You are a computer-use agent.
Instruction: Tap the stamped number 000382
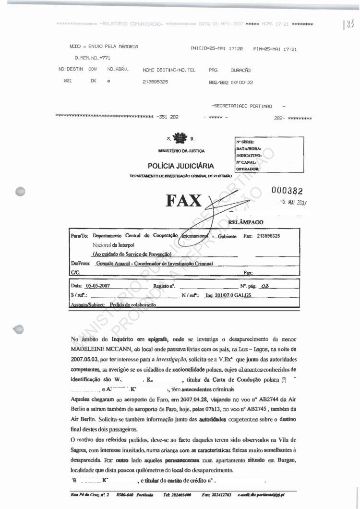pos(287,191)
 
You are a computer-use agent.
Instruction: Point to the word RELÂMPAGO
pos(246,223)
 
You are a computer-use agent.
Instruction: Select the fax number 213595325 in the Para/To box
pos(269,236)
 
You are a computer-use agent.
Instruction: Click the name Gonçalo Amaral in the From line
pos(114,264)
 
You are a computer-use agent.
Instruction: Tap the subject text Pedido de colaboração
pos(133,304)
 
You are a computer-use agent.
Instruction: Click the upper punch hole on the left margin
pos(20,191)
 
